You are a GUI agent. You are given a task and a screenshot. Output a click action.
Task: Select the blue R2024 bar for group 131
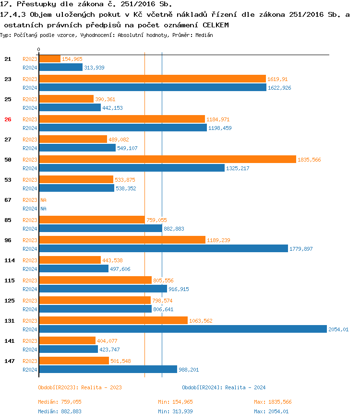click(182, 329)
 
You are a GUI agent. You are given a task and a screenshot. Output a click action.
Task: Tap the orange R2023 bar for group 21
click(49, 58)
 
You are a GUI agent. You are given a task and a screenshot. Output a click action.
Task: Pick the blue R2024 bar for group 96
click(163, 248)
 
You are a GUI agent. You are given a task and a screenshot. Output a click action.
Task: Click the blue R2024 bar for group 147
click(108, 369)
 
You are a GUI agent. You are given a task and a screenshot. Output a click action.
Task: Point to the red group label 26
click(8, 119)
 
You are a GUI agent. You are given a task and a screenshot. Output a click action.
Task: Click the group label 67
click(8, 199)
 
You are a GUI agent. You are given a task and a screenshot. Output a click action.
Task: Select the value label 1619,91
click(277, 79)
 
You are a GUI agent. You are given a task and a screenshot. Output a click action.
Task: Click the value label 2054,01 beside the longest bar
click(338, 329)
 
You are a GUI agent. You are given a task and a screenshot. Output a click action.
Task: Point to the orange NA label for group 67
click(43, 200)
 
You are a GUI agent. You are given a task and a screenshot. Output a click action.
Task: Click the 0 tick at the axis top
click(39, 49)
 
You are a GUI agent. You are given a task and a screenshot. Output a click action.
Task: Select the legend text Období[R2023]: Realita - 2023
click(80, 387)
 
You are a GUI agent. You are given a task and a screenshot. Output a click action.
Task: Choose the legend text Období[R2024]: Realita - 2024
click(224, 387)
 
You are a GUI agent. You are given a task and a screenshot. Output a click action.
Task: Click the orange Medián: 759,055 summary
click(60, 402)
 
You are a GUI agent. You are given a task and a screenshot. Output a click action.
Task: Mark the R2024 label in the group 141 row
click(30, 350)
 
